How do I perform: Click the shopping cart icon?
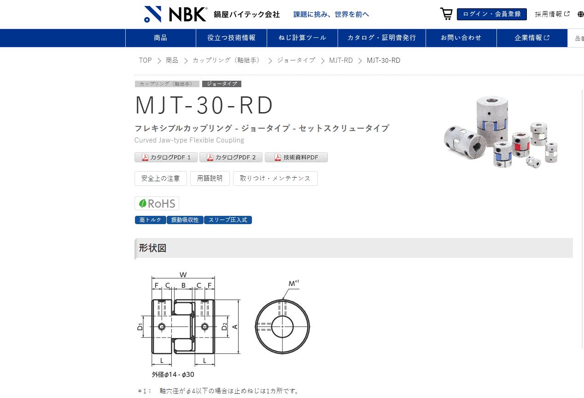coord(446,14)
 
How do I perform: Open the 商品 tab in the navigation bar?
coord(161,38)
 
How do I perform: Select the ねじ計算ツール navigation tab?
coord(302,38)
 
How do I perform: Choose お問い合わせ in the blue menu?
coord(461,38)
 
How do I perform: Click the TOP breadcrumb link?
coord(145,60)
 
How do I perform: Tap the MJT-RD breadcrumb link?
coord(341,60)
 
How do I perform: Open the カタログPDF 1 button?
coord(166,157)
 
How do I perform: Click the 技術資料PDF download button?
coord(296,157)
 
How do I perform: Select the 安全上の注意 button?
coord(161,178)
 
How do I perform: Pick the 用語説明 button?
coord(210,178)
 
